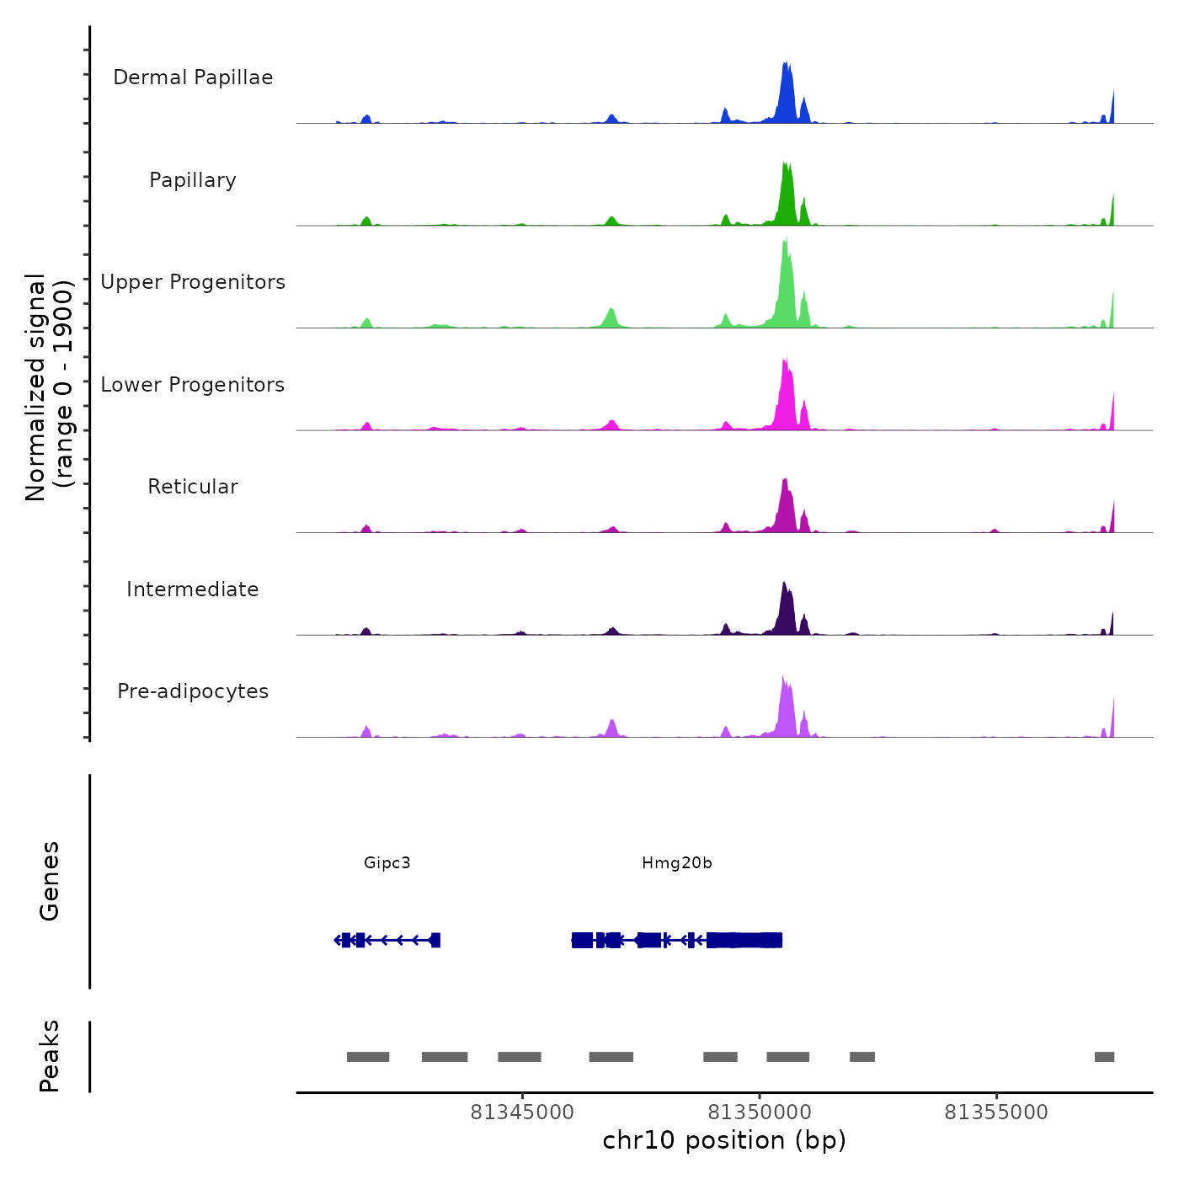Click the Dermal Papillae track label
(x=193, y=77)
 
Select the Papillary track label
(x=193, y=180)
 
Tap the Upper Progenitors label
(x=193, y=282)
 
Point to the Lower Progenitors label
(x=193, y=385)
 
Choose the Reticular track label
(x=193, y=487)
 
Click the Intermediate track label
(x=193, y=589)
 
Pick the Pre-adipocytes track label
(x=193, y=691)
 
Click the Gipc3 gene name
(x=387, y=862)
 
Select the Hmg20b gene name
(x=677, y=862)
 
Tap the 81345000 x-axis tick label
(x=522, y=1112)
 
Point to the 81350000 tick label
(x=760, y=1112)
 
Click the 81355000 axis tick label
(x=996, y=1112)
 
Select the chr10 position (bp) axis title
(x=724, y=1140)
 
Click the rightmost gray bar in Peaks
(x=1104, y=1057)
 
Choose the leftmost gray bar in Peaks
(x=368, y=1057)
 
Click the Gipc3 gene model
(x=388, y=940)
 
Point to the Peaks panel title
(x=50, y=1056)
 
